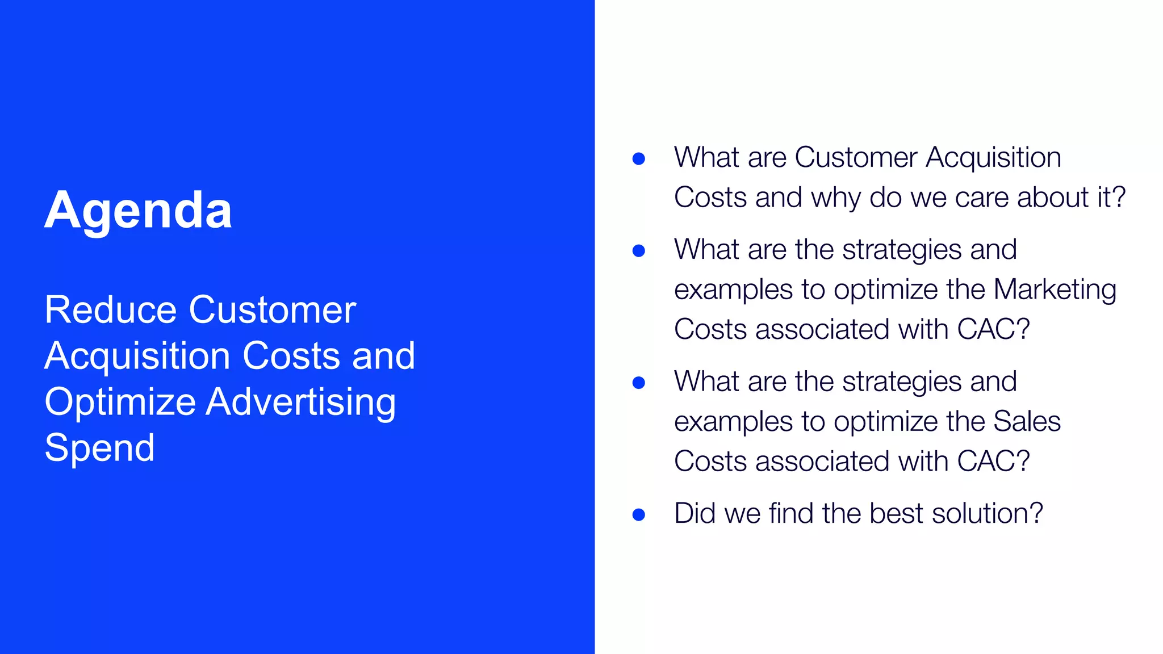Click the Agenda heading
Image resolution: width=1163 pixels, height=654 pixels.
(x=138, y=211)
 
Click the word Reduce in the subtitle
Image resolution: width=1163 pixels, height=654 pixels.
(x=110, y=310)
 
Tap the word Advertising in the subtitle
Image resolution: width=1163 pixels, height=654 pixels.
(x=300, y=402)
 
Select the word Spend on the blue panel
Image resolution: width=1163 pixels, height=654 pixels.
(x=99, y=448)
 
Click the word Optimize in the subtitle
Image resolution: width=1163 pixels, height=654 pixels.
(x=120, y=402)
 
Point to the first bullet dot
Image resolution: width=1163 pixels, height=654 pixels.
(x=638, y=158)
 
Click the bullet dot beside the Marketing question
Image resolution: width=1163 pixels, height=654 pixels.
(x=638, y=250)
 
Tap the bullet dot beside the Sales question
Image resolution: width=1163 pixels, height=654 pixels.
(x=638, y=383)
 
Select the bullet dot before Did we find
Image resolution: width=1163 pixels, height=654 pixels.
(x=638, y=514)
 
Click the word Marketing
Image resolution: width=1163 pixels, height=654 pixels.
(x=1055, y=290)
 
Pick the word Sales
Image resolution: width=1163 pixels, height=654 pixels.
(x=1027, y=421)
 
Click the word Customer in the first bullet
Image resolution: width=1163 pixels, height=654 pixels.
(x=855, y=157)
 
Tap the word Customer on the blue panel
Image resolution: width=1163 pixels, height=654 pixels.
(x=272, y=310)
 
